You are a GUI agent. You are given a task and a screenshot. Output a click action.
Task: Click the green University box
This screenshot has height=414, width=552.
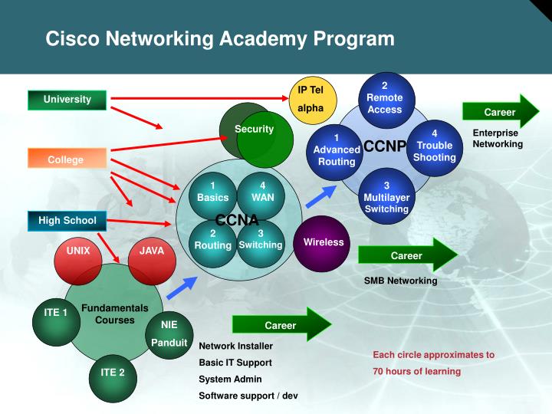point(67,100)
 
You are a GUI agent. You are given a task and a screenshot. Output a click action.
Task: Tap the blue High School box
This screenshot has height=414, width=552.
point(67,221)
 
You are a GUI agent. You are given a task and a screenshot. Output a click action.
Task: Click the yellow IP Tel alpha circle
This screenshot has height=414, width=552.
point(310,99)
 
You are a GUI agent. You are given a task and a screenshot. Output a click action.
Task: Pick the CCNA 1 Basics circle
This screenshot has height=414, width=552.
point(212,192)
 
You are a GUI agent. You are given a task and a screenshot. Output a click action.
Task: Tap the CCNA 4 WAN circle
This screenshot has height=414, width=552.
point(262,192)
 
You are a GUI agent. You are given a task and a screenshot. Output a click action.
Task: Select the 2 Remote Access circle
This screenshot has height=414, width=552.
point(384,99)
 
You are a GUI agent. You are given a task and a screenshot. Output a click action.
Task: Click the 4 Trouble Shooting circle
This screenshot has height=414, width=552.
point(434,146)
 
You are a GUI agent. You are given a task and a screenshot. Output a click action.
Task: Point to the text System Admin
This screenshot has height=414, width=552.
point(230,379)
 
